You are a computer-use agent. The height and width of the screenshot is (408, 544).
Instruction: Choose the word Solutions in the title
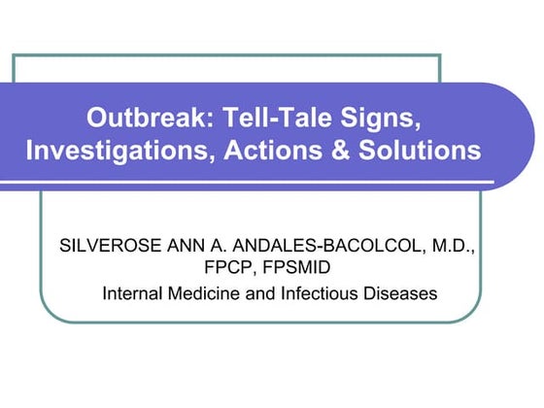[419, 152]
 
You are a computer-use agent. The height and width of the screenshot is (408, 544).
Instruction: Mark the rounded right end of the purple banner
[520, 136]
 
